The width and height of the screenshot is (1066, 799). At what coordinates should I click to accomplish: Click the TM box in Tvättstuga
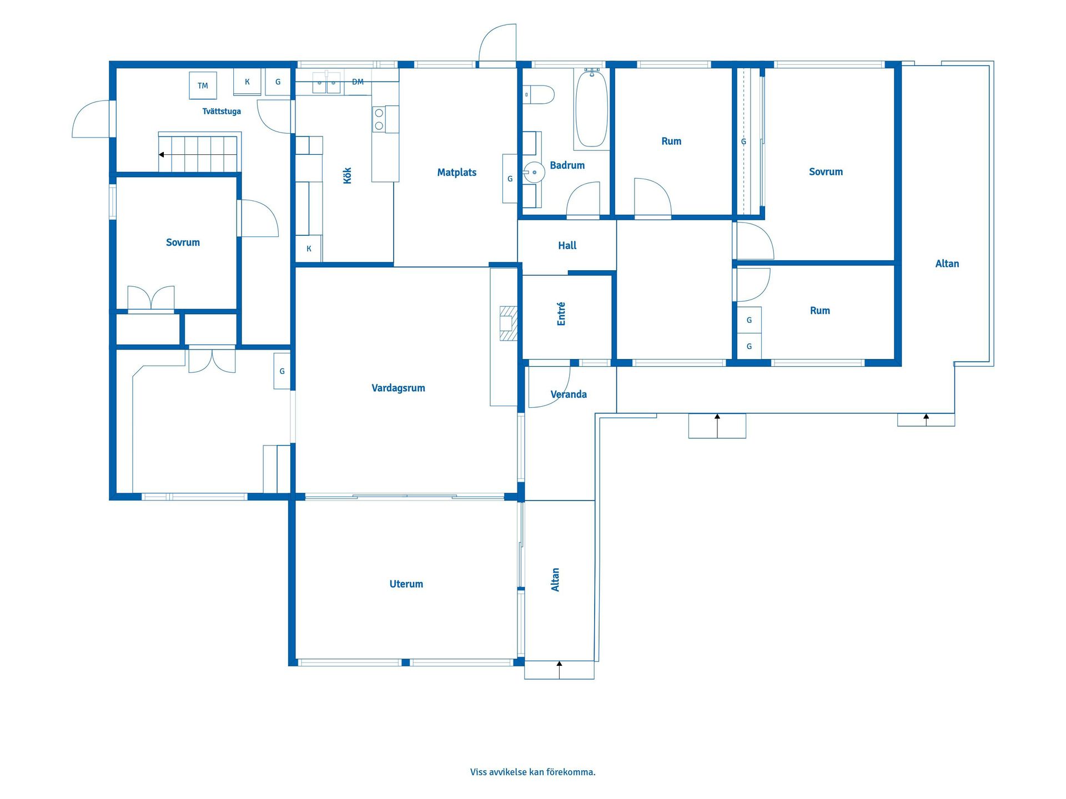pos(203,85)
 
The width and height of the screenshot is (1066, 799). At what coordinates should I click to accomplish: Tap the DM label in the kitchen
pos(358,82)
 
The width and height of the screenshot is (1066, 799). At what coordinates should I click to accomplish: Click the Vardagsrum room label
pos(398,388)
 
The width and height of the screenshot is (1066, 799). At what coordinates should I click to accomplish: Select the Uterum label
pos(406,584)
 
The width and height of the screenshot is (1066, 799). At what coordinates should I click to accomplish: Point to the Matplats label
pos(456,173)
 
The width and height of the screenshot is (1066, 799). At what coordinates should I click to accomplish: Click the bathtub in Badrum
pos(591,108)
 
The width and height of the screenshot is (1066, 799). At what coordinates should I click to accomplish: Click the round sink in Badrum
pos(534,173)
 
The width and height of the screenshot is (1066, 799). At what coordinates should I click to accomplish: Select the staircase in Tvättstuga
pos(199,152)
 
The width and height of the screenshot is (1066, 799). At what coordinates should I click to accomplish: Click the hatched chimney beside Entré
pos(508,323)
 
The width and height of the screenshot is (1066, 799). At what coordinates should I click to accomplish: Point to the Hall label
pos(567,245)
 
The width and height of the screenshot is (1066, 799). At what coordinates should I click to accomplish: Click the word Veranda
pos(569,395)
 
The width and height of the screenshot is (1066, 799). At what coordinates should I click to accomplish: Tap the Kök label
pos(348,175)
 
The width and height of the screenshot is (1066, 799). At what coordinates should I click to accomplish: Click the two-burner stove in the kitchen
pos(379,119)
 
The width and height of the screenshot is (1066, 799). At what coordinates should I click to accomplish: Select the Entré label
pos(561,313)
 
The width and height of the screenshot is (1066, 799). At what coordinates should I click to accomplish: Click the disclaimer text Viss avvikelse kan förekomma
pos(532,772)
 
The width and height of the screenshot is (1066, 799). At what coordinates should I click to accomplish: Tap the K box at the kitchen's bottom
pos(309,249)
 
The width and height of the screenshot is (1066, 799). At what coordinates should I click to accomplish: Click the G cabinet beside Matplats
pos(510,179)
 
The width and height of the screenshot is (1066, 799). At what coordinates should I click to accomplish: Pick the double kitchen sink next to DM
pos(326,83)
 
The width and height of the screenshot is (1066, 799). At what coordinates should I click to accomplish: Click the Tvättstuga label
pos(222,112)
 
